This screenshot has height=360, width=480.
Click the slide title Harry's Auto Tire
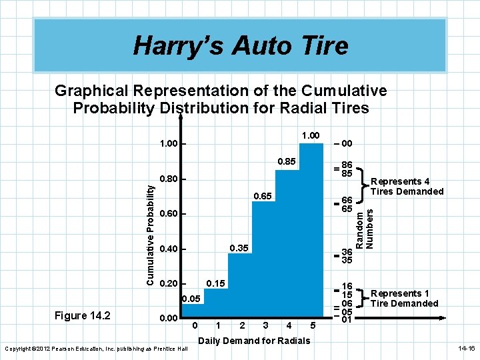click(x=240, y=45)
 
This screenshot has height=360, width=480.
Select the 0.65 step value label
click(x=264, y=197)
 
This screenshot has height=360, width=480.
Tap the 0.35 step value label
click(x=239, y=249)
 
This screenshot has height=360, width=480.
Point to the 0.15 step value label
click(x=215, y=283)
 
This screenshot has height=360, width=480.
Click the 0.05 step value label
click(x=191, y=299)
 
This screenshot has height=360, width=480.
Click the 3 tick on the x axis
click(x=266, y=326)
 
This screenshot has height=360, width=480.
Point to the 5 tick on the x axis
click(x=313, y=326)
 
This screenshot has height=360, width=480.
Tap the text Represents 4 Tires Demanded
click(x=407, y=186)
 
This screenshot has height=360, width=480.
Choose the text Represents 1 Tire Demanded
click(x=405, y=298)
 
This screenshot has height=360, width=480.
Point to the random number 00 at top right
click(x=347, y=143)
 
